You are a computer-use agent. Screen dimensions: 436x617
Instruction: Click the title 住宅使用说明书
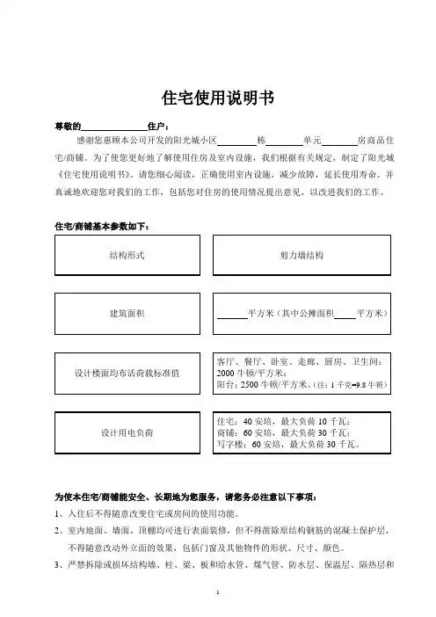pos(217,97)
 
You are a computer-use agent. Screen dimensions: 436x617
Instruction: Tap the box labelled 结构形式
pos(127,255)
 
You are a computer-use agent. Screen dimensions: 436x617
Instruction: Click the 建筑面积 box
pos(127,314)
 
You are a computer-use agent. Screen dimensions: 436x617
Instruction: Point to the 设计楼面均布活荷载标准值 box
pos(127,373)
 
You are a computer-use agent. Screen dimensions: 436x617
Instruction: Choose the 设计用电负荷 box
pos(127,432)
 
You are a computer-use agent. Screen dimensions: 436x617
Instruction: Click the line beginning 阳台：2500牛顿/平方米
pos(287,385)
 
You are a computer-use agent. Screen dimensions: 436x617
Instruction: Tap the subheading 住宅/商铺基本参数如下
pos(102,228)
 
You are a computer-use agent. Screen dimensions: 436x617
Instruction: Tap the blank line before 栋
pos(235,142)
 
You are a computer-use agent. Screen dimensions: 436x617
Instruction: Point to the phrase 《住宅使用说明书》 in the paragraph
pos(93,173)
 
